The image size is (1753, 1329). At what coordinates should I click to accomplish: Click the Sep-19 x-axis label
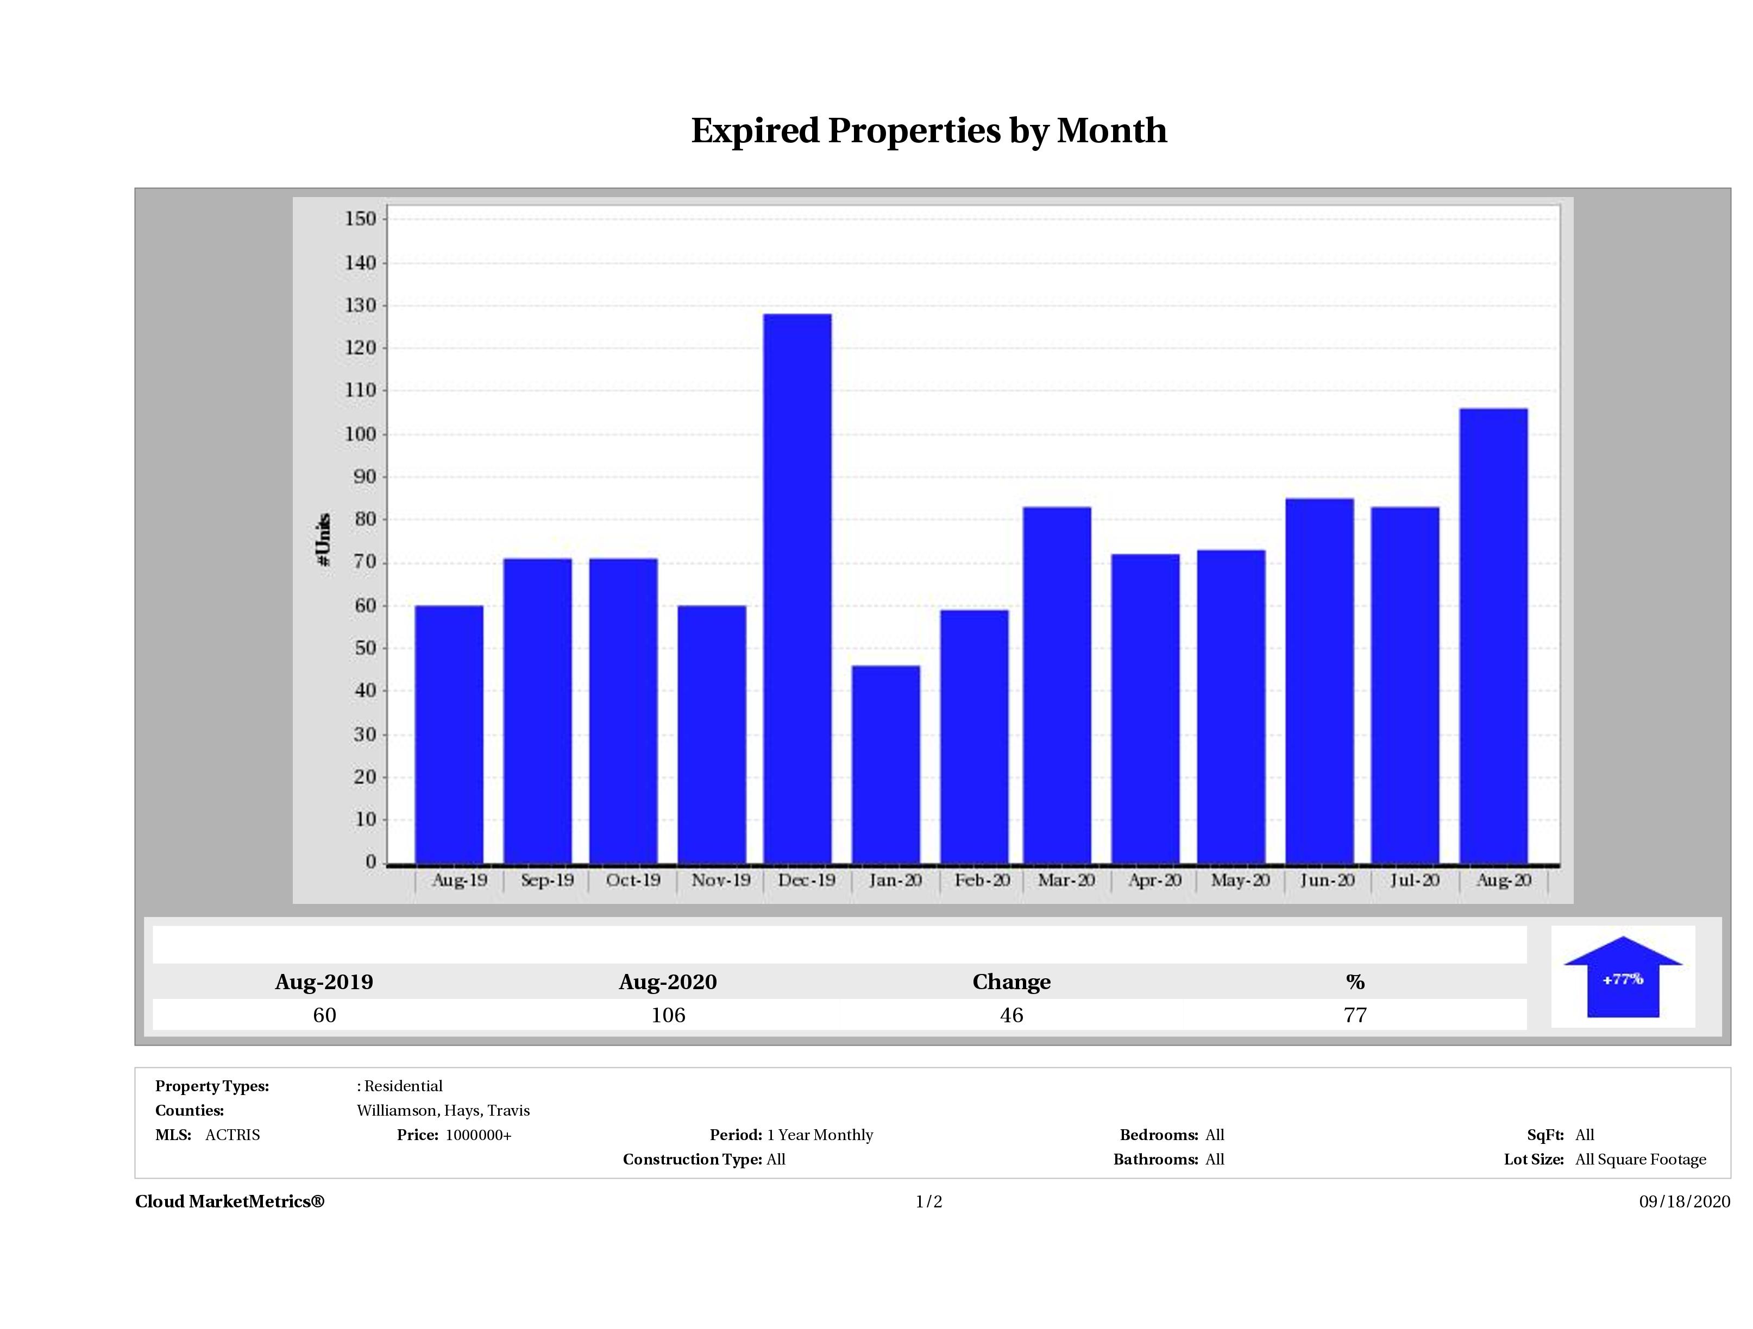coord(547,880)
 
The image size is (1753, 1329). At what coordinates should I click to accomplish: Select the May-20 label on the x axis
coord(1240,880)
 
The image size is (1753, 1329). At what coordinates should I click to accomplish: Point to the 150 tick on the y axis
coord(361,219)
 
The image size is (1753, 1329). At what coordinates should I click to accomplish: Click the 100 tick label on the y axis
coord(361,434)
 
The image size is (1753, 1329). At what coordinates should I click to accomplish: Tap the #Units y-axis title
coord(323,539)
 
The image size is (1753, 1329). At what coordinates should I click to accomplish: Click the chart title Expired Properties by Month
coord(929,131)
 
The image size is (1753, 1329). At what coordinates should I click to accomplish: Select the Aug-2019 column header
coord(324,982)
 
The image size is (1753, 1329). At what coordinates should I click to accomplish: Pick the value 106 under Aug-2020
coord(668,1015)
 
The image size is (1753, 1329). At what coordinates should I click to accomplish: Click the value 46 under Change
coord(1011,1015)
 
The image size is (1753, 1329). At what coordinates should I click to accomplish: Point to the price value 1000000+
coord(479,1135)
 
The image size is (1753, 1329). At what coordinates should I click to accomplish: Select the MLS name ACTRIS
coord(232,1135)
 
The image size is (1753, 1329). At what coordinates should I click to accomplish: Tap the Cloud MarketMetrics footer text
coord(230,1201)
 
